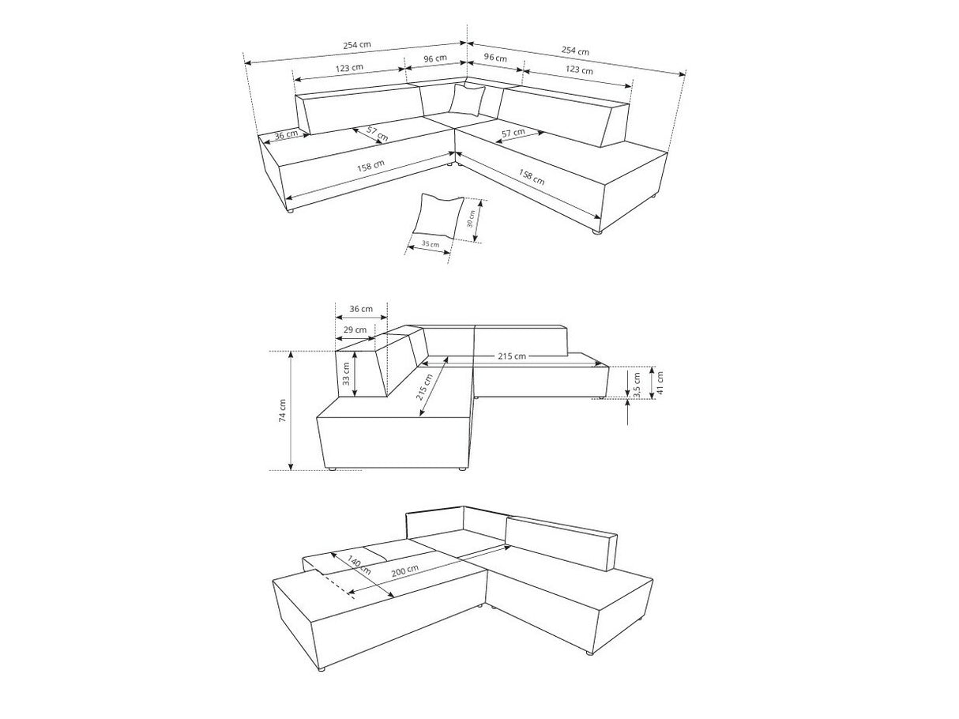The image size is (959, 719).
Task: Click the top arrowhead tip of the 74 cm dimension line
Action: pyautogui.click(x=291, y=352)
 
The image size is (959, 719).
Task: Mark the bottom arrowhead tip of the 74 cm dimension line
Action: pyautogui.click(x=291, y=470)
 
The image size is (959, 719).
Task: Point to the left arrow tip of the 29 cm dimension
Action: pyautogui.click(x=336, y=338)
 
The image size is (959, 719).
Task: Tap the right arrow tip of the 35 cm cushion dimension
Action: pyautogui.click(x=450, y=252)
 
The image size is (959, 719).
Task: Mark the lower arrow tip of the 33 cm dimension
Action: pyautogui.click(x=356, y=396)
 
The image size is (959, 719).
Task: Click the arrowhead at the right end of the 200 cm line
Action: pyautogui.click(x=510, y=546)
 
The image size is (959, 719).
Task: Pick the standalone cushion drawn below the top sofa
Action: pyautogui.click(x=438, y=217)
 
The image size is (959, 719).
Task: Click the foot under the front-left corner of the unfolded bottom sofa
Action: pyautogui.click(x=322, y=680)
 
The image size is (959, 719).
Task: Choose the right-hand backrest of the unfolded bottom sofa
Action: pyautogui.click(x=562, y=544)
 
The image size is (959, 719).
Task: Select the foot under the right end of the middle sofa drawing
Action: pyautogui.click(x=601, y=397)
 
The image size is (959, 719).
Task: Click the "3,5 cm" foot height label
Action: pyautogui.click(x=637, y=385)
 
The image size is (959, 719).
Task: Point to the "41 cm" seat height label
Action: pyautogui.click(x=660, y=383)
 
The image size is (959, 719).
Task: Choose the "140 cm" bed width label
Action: pyautogui.click(x=359, y=565)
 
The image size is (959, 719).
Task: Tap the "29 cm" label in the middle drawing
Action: pyautogui.click(x=355, y=329)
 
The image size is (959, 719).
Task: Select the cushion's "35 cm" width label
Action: pyautogui.click(x=431, y=243)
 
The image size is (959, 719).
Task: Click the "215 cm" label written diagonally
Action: pyautogui.click(x=424, y=387)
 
